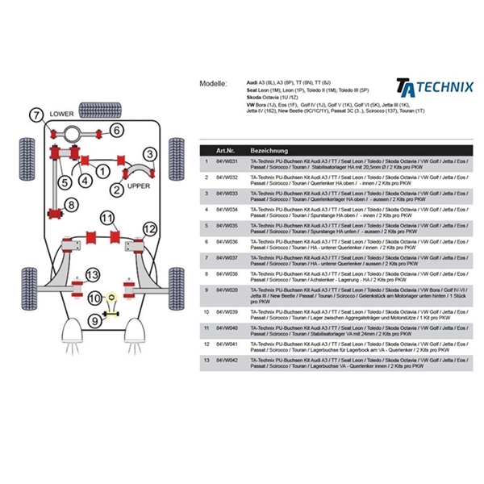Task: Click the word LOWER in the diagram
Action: (61, 115)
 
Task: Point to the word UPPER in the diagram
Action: (140, 185)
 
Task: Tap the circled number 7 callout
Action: (35, 115)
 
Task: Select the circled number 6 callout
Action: (116, 131)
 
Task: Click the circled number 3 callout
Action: (149, 153)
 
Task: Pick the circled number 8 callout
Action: (72, 206)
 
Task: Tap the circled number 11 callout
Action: (107, 218)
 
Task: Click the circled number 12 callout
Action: (148, 229)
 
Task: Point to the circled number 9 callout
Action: (95, 321)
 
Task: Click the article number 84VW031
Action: (227, 162)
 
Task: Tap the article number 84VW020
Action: (227, 290)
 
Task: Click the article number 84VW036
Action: (227, 241)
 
